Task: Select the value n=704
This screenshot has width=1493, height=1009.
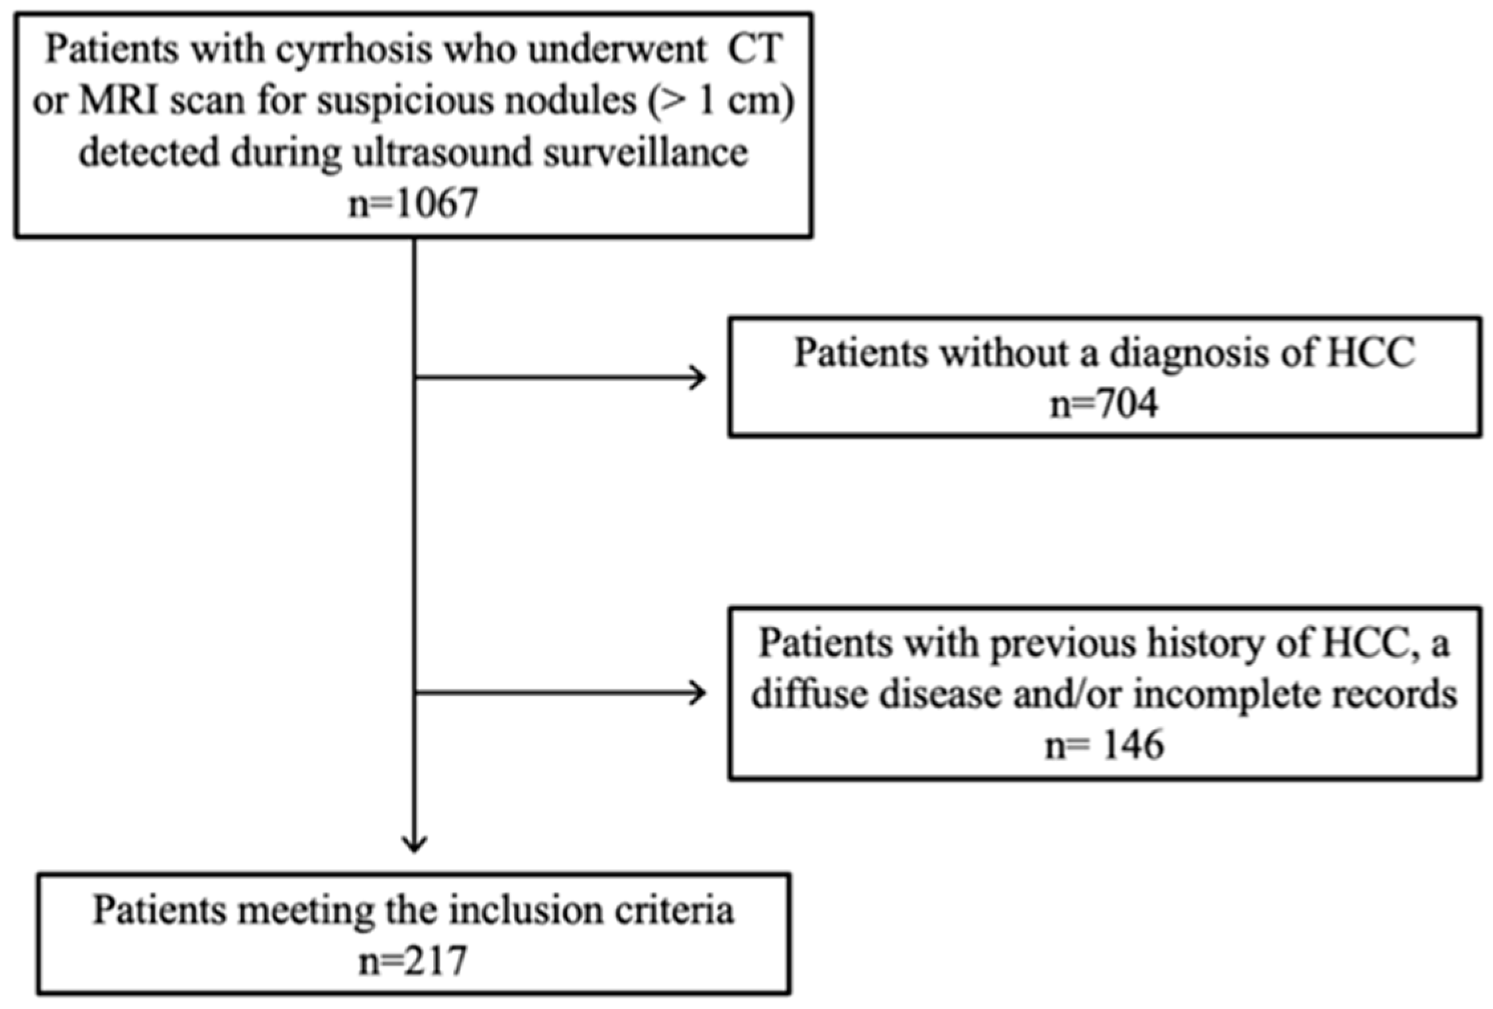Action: pos(1104,403)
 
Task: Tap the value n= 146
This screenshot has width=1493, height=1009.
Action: pos(1104,745)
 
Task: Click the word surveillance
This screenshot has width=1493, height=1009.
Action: pos(646,152)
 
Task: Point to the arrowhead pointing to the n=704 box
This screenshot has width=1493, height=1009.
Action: pos(701,378)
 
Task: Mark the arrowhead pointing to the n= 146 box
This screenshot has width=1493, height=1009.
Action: pos(701,693)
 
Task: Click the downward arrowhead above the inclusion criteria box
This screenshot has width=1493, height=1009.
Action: pos(414,846)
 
